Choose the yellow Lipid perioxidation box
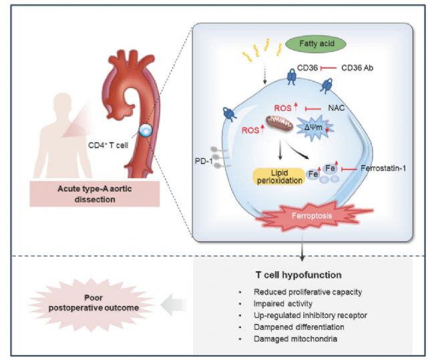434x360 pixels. (273, 176)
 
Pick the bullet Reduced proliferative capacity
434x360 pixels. (304, 293)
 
